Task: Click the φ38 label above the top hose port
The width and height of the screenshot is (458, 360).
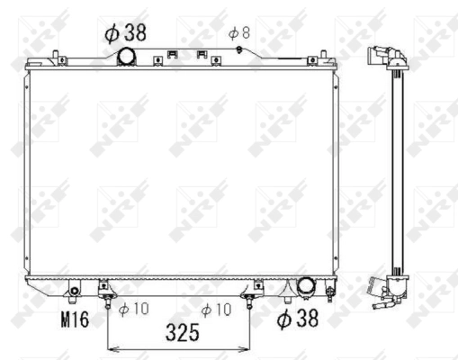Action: click(x=126, y=33)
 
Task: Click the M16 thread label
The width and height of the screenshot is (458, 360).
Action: click(x=75, y=318)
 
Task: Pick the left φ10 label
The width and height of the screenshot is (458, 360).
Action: click(x=133, y=310)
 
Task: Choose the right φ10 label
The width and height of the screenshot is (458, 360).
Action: click(x=218, y=310)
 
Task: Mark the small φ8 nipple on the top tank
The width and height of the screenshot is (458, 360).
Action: click(x=238, y=49)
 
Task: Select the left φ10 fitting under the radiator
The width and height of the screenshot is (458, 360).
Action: click(x=107, y=295)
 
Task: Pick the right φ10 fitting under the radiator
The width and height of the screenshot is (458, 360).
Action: click(x=252, y=295)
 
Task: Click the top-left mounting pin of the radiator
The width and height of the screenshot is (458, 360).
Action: click(x=57, y=57)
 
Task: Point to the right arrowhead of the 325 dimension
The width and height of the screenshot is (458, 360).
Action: click(x=249, y=346)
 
